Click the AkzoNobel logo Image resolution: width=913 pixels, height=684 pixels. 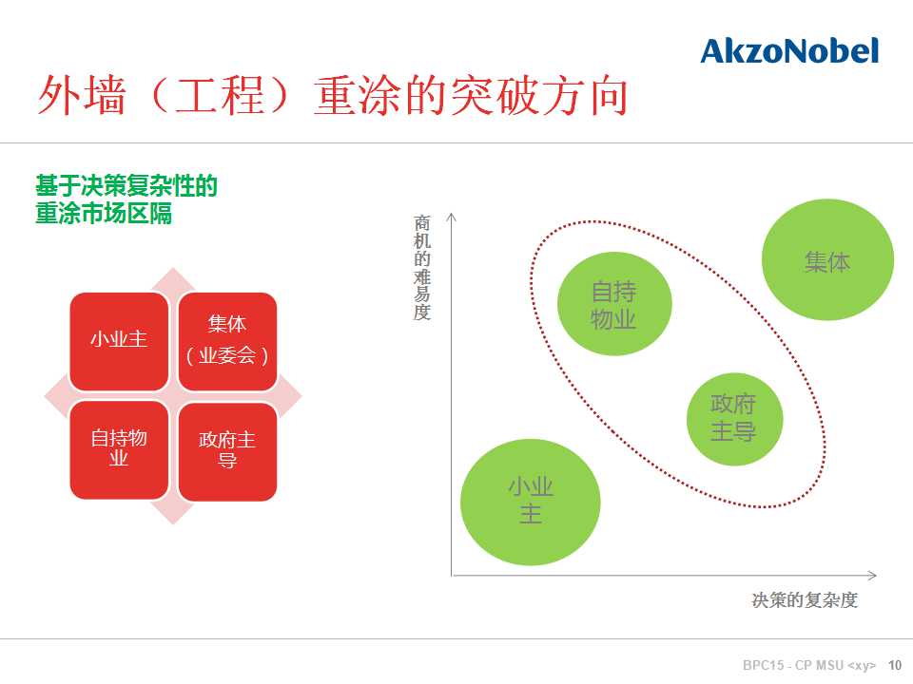789,51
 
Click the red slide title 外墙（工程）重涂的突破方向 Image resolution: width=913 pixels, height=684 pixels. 333,96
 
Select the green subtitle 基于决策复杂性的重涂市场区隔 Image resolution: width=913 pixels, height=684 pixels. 126,199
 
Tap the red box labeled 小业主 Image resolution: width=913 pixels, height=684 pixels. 119,341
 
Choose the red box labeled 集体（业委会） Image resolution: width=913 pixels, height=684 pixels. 227,341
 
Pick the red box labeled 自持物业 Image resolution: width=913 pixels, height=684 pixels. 119,450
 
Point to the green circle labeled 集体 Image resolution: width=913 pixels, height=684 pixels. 827,259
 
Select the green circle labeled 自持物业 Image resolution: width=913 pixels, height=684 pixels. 614,304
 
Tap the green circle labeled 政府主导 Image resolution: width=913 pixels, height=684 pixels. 734,419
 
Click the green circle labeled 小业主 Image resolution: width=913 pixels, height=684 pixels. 530,502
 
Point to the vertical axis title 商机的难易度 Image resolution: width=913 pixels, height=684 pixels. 422,268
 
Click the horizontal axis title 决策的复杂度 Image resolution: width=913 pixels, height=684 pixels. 805,599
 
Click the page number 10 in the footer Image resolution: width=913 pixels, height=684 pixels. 894,665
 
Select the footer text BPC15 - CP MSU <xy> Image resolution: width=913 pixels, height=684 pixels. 809,665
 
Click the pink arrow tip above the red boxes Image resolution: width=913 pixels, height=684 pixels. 173,269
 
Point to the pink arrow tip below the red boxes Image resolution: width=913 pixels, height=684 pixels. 173,522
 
